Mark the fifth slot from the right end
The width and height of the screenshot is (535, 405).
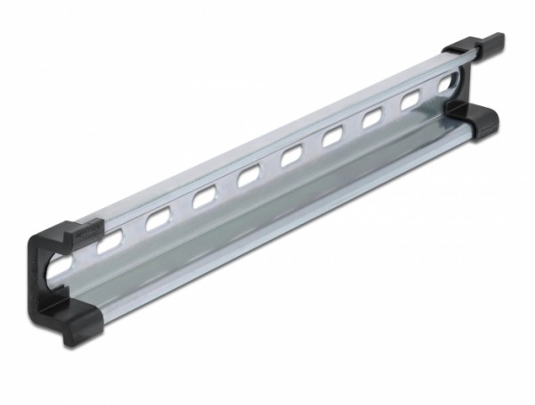tap(292, 157)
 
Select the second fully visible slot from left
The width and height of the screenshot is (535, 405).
tap(204, 195)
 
